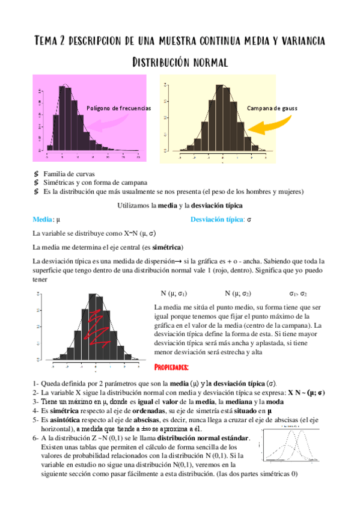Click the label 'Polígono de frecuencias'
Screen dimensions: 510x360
[x=118, y=108]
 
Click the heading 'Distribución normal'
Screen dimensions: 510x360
[x=180, y=62]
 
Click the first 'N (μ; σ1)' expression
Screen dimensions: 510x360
[x=174, y=294]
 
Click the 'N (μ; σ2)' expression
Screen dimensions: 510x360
[x=237, y=294]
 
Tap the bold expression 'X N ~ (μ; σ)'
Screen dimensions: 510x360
[x=307, y=392]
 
